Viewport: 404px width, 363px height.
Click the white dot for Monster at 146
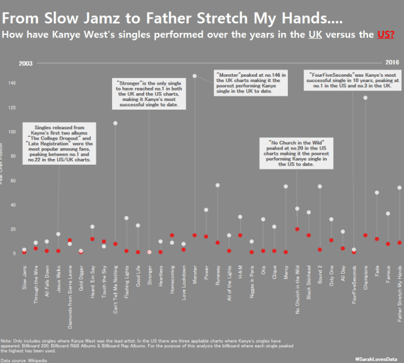194,76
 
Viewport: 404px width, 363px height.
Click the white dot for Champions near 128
365,98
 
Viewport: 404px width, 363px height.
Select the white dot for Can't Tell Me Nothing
115,123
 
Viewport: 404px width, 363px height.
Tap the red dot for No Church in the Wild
297,229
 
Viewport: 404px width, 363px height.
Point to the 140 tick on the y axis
12,83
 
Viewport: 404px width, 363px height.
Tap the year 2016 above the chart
392,63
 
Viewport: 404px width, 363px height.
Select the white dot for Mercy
285,186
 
